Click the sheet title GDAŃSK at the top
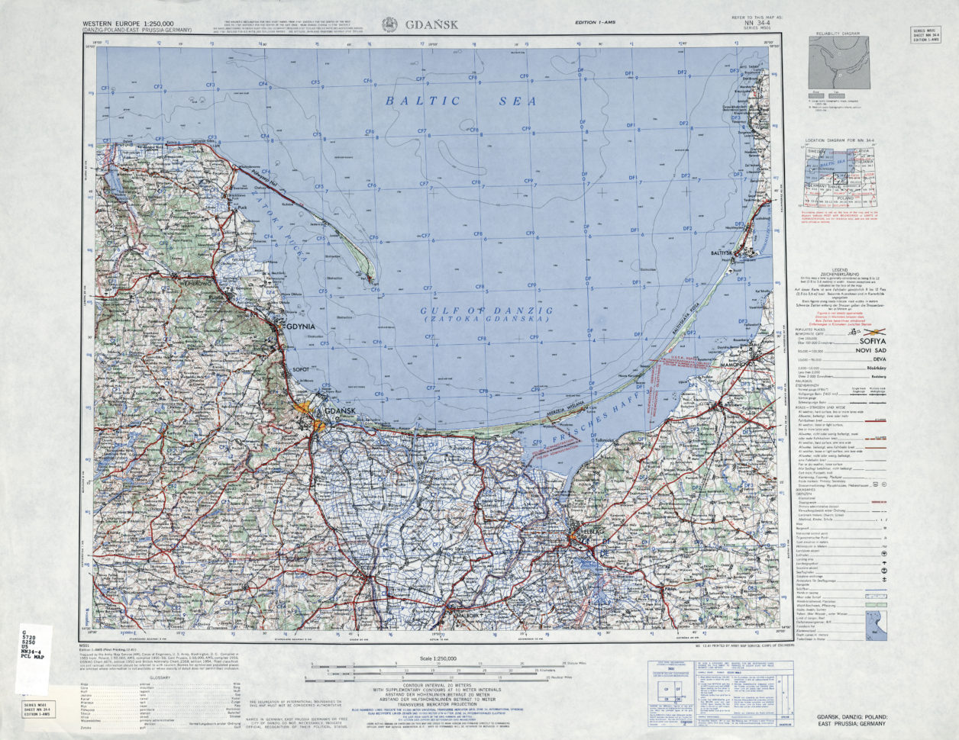pos(431,24)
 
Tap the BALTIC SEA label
pos(460,101)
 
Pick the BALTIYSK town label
pos(732,247)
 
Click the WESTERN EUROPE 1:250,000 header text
pos(128,24)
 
